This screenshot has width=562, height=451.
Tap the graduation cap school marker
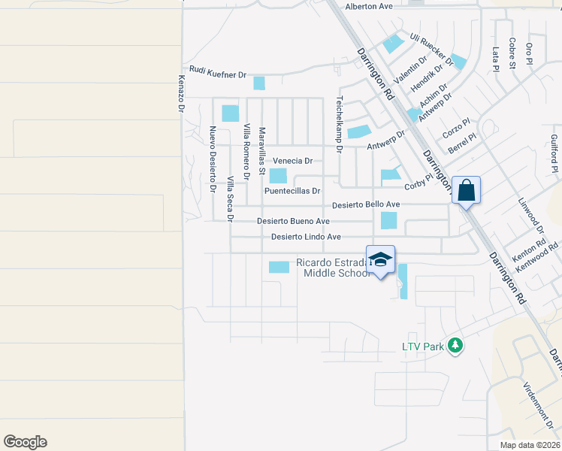[380, 259]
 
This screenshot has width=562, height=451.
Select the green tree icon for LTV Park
[455, 345]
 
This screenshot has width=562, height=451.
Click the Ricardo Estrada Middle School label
[334, 268]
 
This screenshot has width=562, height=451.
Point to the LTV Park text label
[422, 347]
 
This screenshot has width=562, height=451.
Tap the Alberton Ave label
[369, 7]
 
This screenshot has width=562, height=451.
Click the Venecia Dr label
[292, 161]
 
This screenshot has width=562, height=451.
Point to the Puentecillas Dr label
[292, 191]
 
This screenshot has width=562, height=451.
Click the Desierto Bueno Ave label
[293, 221]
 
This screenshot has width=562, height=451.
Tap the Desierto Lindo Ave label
[301, 237]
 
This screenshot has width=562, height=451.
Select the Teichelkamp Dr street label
[340, 124]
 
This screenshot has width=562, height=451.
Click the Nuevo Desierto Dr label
[213, 159]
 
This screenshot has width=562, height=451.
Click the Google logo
[25, 442]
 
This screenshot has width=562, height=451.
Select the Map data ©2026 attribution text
[529, 445]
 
